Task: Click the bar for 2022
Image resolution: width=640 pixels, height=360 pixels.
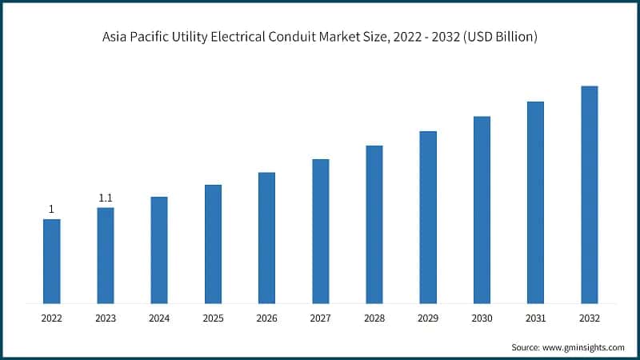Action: (51, 261)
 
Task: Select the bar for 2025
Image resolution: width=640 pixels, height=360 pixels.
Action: (213, 244)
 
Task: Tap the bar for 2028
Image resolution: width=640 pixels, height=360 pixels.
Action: (374, 224)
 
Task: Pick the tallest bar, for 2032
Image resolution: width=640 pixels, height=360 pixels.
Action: (590, 194)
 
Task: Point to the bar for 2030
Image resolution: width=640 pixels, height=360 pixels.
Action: (482, 210)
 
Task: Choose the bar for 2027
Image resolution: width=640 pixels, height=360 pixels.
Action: (320, 231)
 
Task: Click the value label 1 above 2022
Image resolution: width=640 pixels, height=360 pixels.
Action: (51, 210)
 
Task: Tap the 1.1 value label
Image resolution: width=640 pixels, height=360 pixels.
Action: (106, 198)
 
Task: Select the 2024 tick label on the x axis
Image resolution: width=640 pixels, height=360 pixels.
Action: (159, 318)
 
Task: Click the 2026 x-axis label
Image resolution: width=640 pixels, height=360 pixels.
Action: (266, 318)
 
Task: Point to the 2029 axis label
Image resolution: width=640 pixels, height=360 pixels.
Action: (428, 318)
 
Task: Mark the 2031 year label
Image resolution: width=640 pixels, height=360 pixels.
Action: (535, 318)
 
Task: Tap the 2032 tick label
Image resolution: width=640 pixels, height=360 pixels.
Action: (590, 318)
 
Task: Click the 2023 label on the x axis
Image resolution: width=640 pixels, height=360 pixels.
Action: (106, 318)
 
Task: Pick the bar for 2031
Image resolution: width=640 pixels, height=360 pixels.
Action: (535, 202)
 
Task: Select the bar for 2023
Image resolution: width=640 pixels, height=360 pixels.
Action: (106, 255)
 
